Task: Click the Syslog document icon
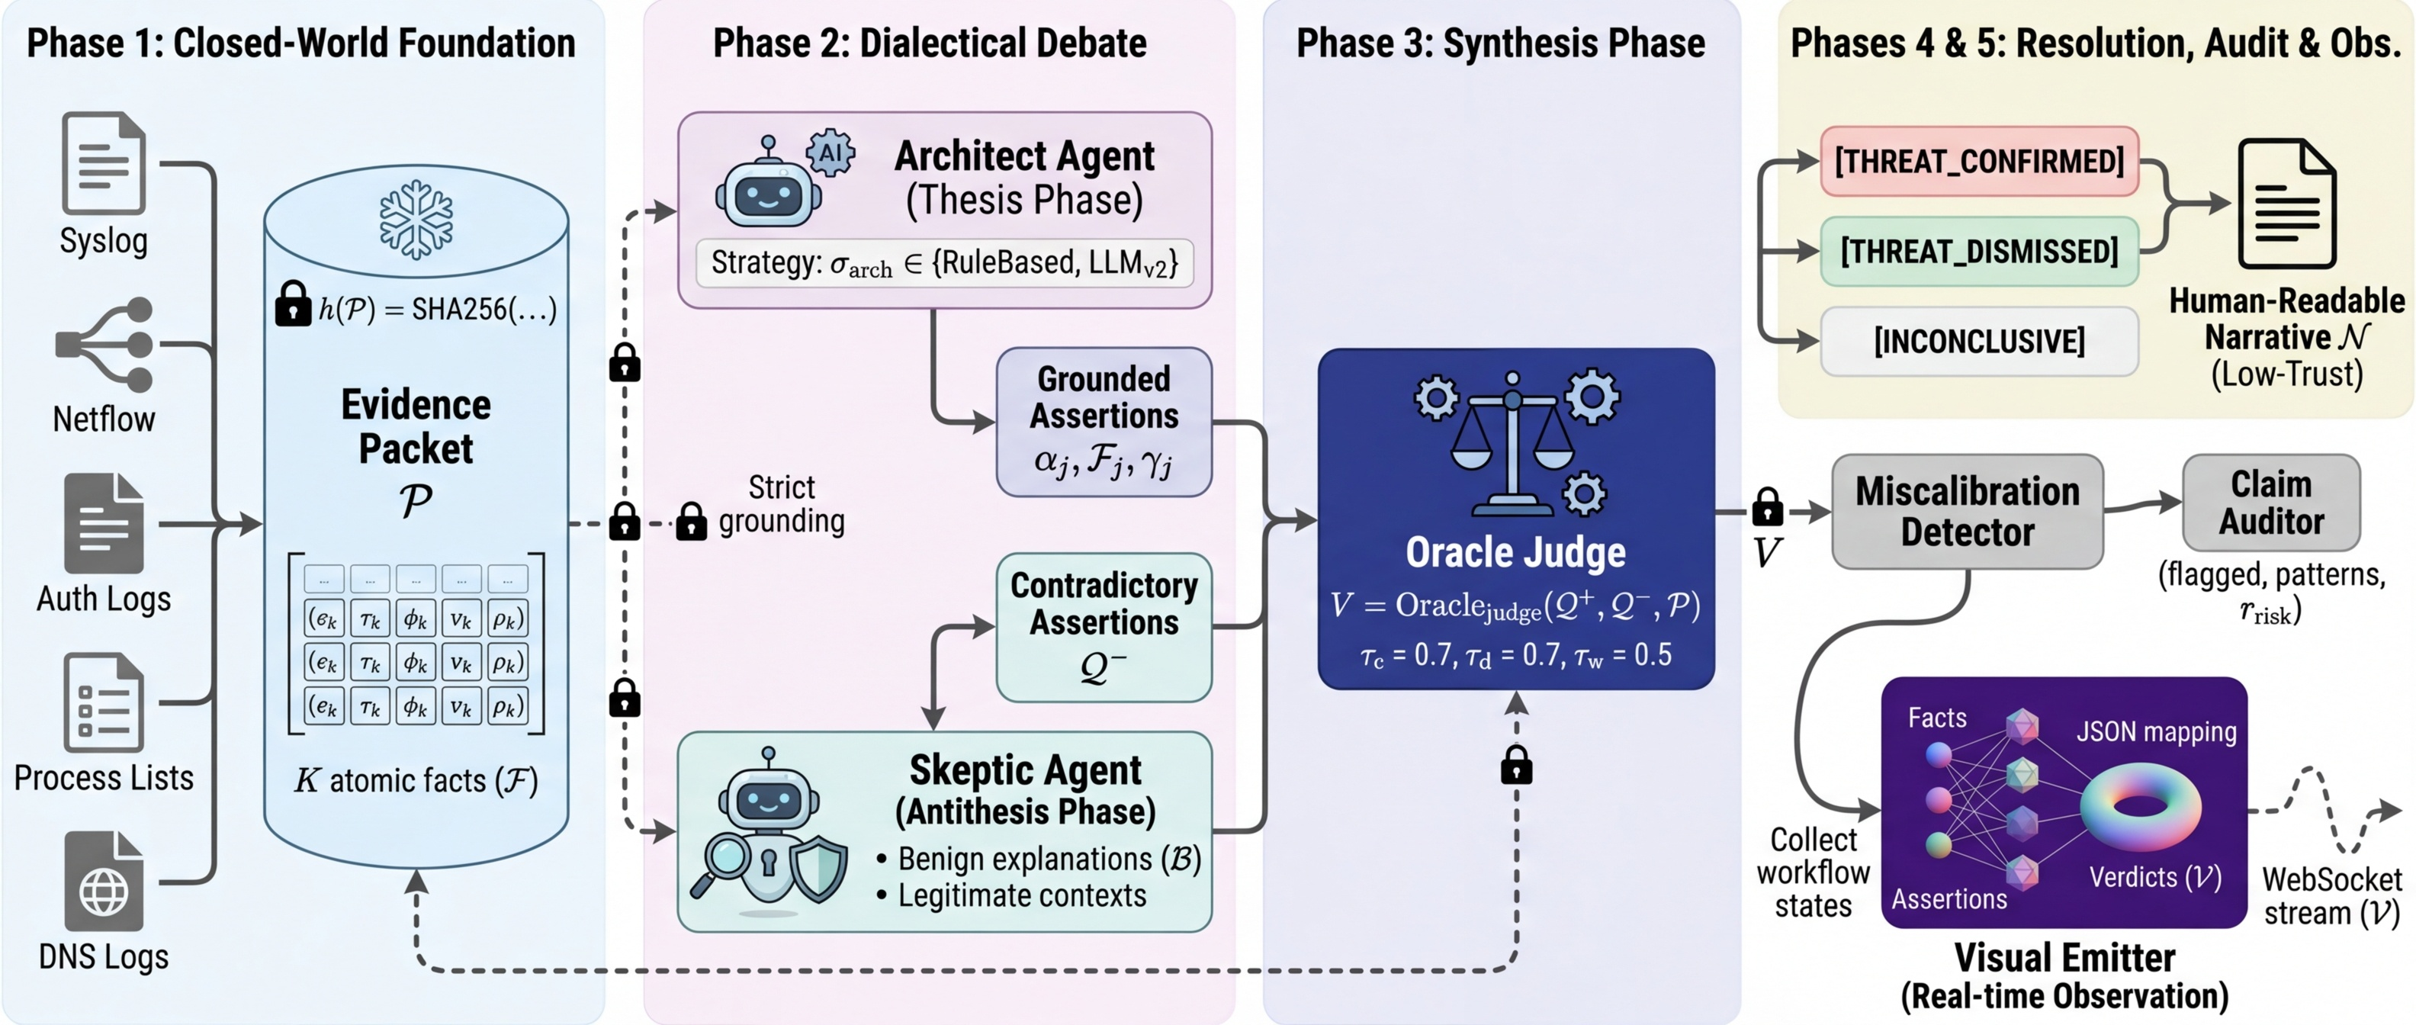click(103, 163)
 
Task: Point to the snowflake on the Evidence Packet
click(416, 220)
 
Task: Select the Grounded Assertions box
click(1103, 422)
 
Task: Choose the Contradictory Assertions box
click(1103, 626)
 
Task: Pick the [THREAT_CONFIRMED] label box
click(1979, 161)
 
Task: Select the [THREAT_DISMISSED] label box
click(1979, 252)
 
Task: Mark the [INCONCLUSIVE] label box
click(1979, 342)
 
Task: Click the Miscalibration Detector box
click(1967, 512)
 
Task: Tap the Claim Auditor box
click(2270, 503)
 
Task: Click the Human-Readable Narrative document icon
click(2286, 204)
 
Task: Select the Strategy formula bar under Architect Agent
click(943, 264)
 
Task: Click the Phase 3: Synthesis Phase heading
click(1501, 43)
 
